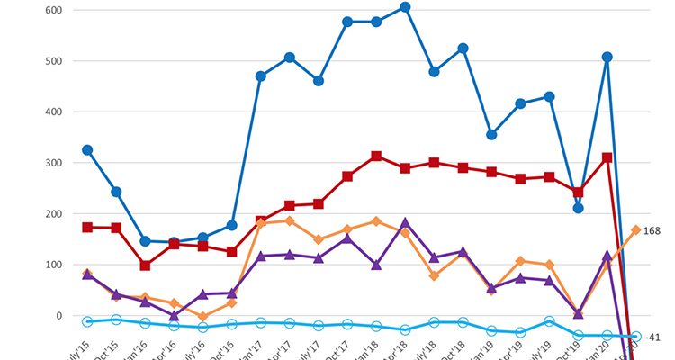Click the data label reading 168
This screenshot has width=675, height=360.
click(x=652, y=231)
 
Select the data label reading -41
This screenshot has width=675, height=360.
click(x=654, y=337)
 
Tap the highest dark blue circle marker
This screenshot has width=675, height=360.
click(x=405, y=7)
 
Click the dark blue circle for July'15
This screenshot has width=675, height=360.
click(x=87, y=150)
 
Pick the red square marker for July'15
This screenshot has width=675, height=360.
click(x=87, y=228)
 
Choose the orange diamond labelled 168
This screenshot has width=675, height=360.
click(x=635, y=230)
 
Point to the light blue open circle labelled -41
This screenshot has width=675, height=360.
click(x=635, y=337)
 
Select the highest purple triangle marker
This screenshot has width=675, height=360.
click(x=405, y=222)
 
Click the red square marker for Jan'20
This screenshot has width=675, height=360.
click(x=607, y=157)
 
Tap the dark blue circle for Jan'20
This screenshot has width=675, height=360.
click(x=607, y=58)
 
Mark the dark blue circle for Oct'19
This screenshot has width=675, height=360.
click(x=578, y=208)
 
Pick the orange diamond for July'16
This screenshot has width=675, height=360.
click(x=203, y=317)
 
